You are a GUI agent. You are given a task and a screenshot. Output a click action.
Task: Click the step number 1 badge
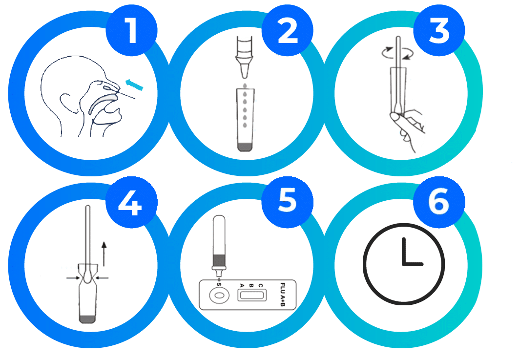(x=131, y=30)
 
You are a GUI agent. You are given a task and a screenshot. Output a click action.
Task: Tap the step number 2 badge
(x=287, y=30)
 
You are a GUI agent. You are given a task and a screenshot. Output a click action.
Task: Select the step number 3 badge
(x=439, y=30)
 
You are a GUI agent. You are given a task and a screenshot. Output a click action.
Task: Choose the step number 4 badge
(x=131, y=202)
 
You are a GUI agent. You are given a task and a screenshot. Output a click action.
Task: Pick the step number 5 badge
(x=287, y=202)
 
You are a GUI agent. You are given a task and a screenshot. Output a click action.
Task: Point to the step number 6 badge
(x=439, y=202)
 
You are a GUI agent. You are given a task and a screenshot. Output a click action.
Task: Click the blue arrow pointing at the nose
(x=134, y=85)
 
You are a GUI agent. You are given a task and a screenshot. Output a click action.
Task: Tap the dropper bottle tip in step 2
(x=244, y=71)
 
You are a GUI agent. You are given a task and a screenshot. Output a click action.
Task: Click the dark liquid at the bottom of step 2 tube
(x=245, y=147)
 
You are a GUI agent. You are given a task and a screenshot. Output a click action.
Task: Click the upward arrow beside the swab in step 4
(x=104, y=254)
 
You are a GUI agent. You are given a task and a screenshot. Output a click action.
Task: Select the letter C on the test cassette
(x=261, y=285)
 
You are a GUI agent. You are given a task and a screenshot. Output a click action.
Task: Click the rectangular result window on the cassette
(x=252, y=295)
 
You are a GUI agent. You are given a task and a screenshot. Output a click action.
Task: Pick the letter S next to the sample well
(x=218, y=284)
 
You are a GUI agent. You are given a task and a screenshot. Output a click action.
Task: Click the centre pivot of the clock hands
(x=404, y=264)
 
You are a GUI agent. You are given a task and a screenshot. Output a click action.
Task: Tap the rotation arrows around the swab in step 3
(x=398, y=53)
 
